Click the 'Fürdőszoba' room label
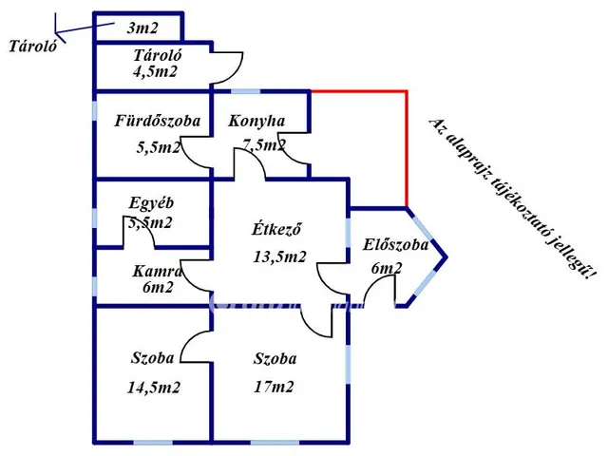click(x=157, y=122)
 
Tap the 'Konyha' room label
click(x=256, y=122)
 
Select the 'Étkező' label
click(x=276, y=229)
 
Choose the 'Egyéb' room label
click(x=152, y=202)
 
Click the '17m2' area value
click(x=275, y=387)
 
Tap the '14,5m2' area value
click(x=154, y=387)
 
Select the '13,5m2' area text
click(x=279, y=256)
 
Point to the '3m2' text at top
click(x=143, y=28)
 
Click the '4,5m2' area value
click(x=156, y=71)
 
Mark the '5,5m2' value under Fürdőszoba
click(x=158, y=147)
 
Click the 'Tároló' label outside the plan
click(x=31, y=45)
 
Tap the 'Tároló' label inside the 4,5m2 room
click(x=158, y=54)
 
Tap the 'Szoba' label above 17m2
click(x=275, y=359)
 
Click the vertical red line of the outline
click(x=407, y=148)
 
